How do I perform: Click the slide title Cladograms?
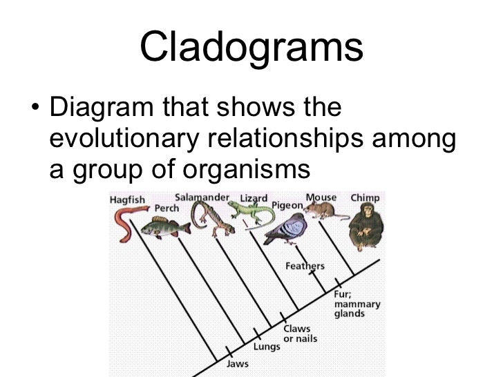click(251, 48)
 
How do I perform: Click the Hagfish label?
click(127, 200)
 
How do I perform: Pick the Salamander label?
click(202, 197)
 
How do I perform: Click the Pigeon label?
click(287, 205)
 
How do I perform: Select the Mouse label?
click(321, 197)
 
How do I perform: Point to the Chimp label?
click(365, 197)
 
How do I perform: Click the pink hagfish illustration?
click(124, 224)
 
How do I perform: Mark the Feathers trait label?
click(305, 266)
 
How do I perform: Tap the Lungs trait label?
click(267, 347)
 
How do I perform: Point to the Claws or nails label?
click(297, 333)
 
